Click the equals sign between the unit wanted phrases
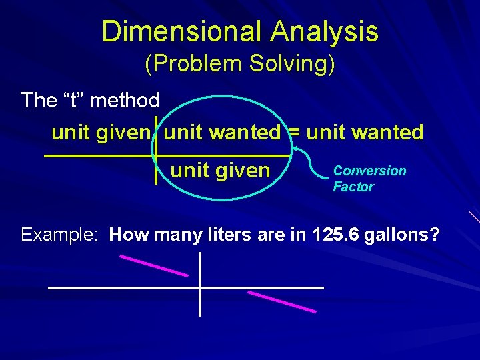pyautogui.click(x=293, y=133)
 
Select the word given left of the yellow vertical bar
pyautogui.click(x=123, y=133)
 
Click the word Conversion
pyautogui.click(x=369, y=171)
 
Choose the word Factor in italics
pyautogui.click(x=353, y=187)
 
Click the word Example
pyautogui.click(x=60, y=235)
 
